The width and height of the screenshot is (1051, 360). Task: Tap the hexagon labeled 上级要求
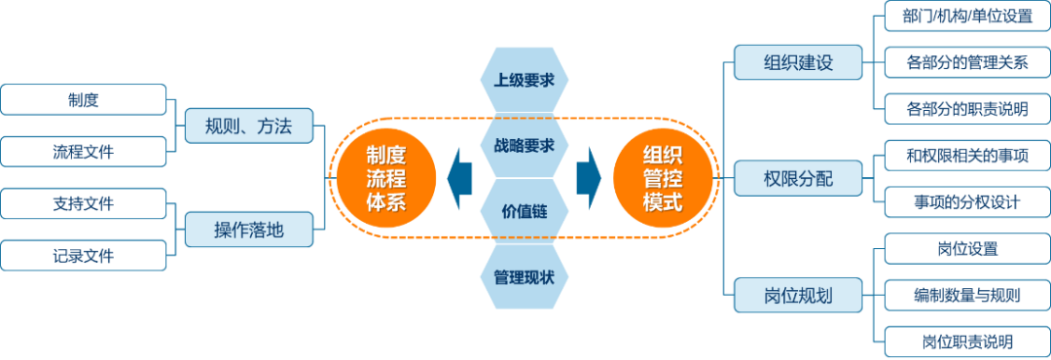(525, 81)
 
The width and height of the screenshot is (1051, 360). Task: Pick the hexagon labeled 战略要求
(525, 146)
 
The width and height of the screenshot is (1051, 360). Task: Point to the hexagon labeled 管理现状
(525, 276)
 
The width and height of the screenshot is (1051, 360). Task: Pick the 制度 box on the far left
(84, 99)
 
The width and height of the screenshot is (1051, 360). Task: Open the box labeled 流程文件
(84, 151)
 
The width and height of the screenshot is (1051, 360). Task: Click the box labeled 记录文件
(84, 256)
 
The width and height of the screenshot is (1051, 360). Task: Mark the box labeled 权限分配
(798, 178)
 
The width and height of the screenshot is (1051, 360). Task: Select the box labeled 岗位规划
(798, 295)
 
